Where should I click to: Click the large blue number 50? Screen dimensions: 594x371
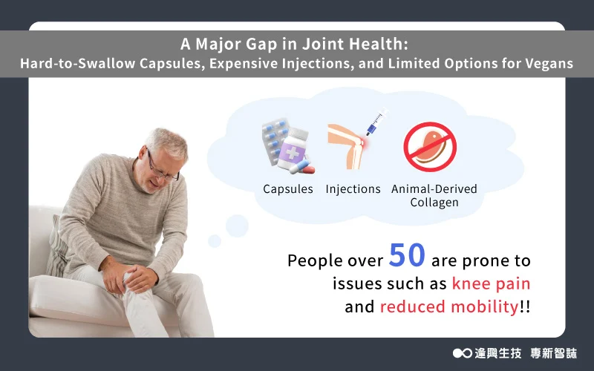point(407,255)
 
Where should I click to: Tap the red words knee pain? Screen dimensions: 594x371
point(491,283)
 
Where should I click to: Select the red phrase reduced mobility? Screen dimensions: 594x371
point(449,306)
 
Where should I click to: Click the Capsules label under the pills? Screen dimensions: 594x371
point(288,189)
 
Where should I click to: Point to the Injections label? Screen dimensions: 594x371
point(353,189)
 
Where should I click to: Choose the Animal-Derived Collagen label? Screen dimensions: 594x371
point(434,196)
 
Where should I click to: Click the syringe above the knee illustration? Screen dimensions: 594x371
point(377,122)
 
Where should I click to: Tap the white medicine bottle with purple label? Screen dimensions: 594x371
point(292,148)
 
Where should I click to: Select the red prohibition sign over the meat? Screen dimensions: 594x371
point(430,147)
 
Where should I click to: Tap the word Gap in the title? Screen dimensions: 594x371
point(261,45)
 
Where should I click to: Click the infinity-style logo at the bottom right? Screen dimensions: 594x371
point(462,353)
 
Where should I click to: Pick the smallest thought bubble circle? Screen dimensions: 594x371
point(215,240)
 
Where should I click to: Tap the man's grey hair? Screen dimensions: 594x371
point(166,142)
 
